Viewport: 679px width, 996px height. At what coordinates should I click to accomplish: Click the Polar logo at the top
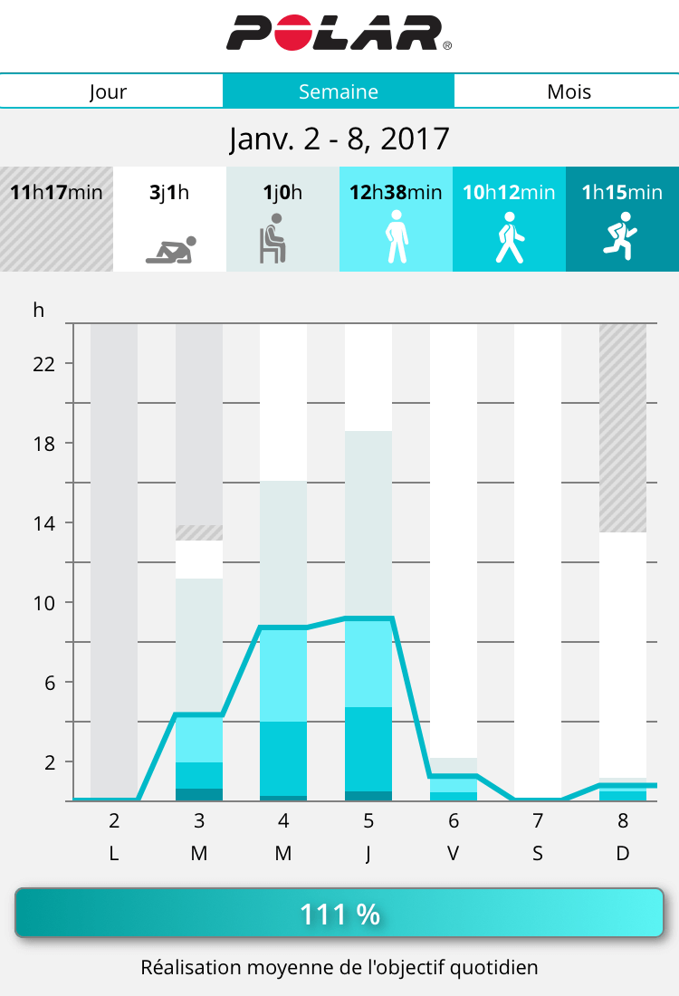[x=339, y=33]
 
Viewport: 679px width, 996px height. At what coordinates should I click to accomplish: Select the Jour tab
[x=109, y=91]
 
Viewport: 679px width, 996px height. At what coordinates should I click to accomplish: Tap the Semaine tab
[x=339, y=91]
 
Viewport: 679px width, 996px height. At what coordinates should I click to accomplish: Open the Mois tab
[x=569, y=91]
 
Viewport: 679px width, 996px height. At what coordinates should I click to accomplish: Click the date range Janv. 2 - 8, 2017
[x=339, y=139]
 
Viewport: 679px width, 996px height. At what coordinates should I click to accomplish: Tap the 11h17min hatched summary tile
[x=56, y=219]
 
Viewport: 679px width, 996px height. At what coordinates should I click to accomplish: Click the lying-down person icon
[x=171, y=250]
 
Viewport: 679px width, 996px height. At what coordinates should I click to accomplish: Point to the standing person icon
[x=396, y=237]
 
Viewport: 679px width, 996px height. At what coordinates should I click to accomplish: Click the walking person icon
[x=509, y=238]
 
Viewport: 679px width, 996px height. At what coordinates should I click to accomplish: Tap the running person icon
[x=621, y=237]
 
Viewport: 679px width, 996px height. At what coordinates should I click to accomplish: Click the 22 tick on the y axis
[x=44, y=364]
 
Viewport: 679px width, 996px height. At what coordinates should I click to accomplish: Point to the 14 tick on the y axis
[x=44, y=522]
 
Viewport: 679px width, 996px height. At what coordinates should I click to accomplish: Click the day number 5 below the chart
[x=368, y=822]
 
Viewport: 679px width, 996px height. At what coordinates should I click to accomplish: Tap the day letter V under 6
[x=453, y=853]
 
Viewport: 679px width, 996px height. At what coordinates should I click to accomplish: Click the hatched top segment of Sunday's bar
[x=623, y=427]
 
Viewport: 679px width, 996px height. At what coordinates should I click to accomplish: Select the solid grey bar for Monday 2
[x=114, y=561]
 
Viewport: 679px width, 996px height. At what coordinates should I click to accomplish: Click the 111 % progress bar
[x=339, y=914]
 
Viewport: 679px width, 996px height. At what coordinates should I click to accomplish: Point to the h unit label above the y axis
[x=38, y=310]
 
